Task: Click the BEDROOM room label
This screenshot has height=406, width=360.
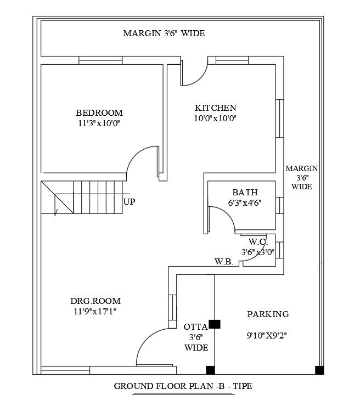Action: [99, 112]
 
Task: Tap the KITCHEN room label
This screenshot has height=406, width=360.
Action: [216, 108]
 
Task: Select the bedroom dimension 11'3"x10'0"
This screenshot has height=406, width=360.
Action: [99, 123]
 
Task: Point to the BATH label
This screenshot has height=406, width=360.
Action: [245, 192]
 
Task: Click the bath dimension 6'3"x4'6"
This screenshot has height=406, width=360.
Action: [245, 202]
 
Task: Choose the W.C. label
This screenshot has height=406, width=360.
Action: [258, 241]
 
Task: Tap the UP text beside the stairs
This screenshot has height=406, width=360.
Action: [130, 202]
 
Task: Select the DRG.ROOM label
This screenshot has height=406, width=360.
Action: [95, 301]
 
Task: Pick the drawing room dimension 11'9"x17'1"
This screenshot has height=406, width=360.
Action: [95, 311]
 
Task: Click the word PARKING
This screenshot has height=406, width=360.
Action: [268, 314]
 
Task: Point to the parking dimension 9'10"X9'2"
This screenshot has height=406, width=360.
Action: [268, 334]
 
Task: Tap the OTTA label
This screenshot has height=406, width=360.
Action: [195, 327]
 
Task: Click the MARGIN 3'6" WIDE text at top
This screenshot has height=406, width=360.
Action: [164, 33]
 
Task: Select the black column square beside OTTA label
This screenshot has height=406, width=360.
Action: [215, 324]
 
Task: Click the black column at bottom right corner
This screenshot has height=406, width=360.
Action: [319, 370]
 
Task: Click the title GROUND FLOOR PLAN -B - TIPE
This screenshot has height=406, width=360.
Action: [183, 386]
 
